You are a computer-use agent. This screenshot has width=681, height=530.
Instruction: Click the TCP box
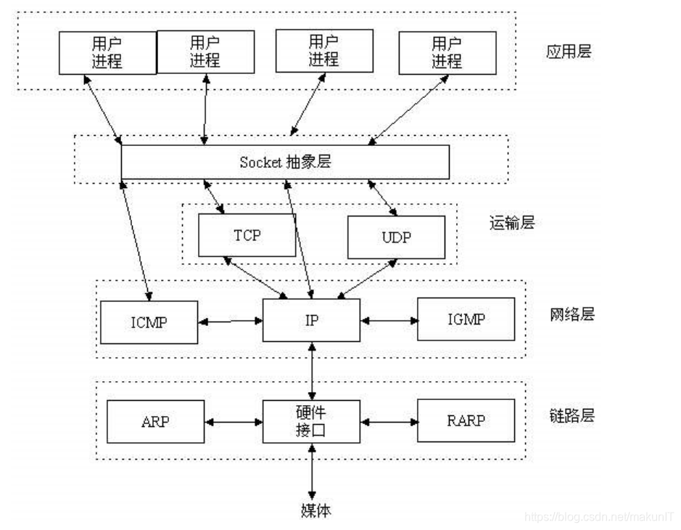point(247,236)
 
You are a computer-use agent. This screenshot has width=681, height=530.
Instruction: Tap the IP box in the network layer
point(311,319)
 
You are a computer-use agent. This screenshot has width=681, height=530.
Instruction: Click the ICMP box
point(149,321)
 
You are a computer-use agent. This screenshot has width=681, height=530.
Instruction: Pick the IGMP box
point(466,319)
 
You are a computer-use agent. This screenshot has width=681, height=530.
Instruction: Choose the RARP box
point(466,420)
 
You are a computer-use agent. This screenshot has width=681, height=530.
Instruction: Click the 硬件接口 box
point(311,421)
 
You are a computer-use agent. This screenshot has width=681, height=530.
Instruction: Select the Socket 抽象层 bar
point(284,162)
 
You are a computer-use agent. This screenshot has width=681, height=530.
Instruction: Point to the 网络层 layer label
point(572,314)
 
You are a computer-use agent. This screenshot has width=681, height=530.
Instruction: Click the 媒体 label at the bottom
point(315,510)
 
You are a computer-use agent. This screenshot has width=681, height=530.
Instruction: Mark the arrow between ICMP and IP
point(231,319)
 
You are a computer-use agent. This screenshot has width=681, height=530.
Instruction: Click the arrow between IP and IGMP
point(389,319)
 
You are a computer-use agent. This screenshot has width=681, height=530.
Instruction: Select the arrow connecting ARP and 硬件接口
point(234,420)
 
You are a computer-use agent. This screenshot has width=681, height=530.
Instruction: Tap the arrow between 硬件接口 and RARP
point(390,420)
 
